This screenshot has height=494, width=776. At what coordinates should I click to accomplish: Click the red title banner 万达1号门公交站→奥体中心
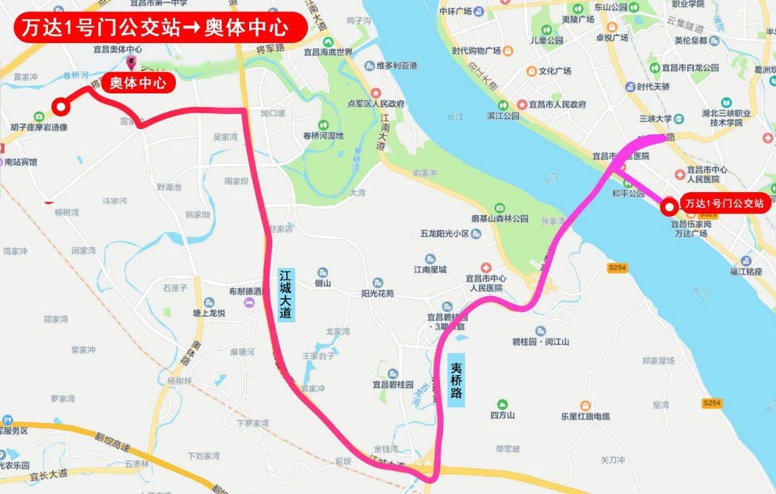pos(160,27)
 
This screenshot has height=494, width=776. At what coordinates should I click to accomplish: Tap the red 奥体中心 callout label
pos(138,82)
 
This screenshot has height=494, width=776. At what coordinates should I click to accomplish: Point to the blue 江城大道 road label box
pos(286,295)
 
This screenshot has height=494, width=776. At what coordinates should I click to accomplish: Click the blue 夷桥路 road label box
pos(457,380)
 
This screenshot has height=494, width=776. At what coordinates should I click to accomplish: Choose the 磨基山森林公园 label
pos(500,218)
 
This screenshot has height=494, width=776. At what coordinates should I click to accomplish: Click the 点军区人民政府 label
pos(390,104)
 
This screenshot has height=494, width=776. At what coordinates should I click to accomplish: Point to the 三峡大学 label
pos(655,118)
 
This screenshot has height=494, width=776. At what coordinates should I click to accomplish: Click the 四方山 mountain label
pos(503,415)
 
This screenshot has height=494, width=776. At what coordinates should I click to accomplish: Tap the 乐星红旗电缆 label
pos(586,416)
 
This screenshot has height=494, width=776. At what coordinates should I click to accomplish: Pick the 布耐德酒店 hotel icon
pos(249,302)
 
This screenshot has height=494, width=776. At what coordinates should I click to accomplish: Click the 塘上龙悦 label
pos(209,313)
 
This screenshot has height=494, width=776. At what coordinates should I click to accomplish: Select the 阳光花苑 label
pos(378,293)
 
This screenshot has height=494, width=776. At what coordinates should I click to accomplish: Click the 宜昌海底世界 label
pos(328,52)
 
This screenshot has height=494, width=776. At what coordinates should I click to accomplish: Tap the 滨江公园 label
pos(503,116)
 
